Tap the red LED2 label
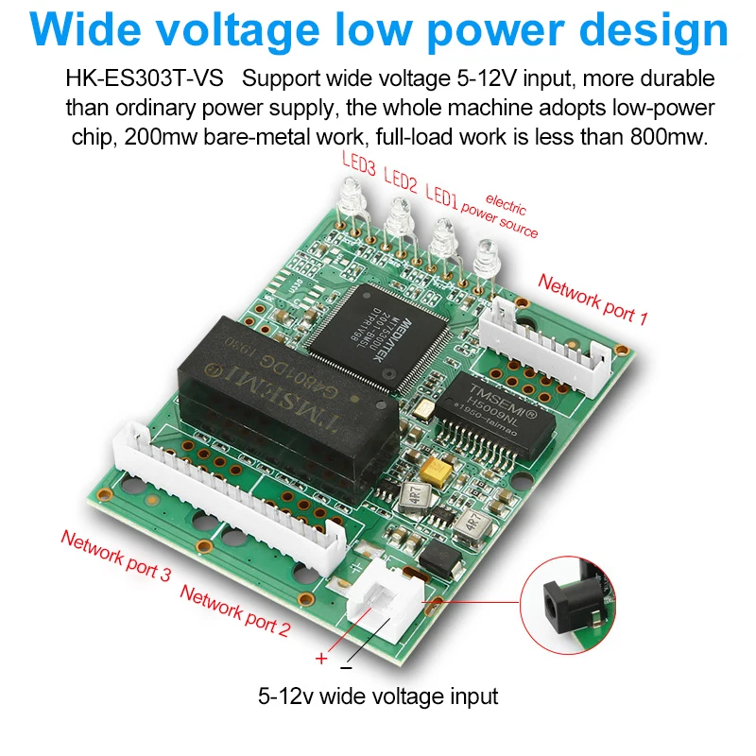click(x=400, y=180)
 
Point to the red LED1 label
click(x=440, y=195)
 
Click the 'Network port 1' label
click(x=593, y=299)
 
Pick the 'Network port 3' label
click(x=115, y=555)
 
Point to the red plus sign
click(x=320, y=658)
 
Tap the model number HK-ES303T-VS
click(x=144, y=78)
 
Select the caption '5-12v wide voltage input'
click(x=378, y=697)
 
